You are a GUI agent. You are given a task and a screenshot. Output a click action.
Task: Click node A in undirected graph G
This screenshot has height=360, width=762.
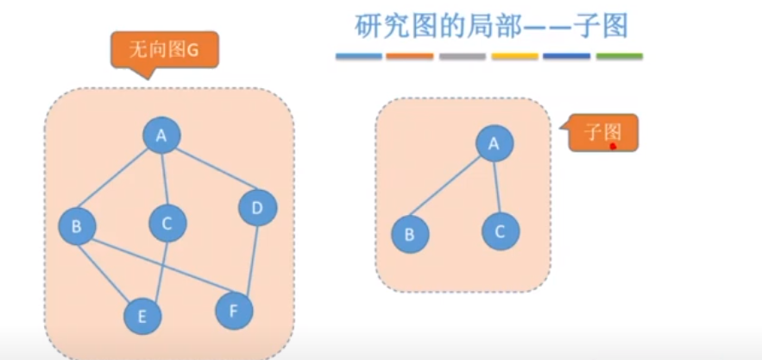[161, 135]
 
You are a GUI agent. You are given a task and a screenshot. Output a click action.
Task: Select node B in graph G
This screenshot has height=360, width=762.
[77, 227]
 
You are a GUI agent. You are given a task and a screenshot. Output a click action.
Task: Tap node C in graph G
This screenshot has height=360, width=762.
[167, 224]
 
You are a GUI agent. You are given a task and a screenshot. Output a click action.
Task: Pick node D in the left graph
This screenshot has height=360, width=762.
[257, 208]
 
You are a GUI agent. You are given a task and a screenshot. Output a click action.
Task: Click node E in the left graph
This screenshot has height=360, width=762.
[143, 317]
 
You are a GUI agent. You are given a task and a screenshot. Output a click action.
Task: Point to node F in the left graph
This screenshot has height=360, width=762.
[233, 310]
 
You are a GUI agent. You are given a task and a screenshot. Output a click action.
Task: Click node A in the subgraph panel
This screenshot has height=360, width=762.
[494, 144]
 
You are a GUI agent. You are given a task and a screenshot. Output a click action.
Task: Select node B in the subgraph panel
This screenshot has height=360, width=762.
[410, 234]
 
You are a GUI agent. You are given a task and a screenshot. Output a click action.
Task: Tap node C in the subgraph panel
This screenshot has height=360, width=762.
[501, 231]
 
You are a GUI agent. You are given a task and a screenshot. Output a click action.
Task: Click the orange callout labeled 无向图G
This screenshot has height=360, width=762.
[163, 51]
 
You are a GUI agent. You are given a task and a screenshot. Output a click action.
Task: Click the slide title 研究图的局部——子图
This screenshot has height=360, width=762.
[491, 26]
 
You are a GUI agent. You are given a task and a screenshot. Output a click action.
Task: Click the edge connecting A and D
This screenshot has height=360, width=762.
[210, 172]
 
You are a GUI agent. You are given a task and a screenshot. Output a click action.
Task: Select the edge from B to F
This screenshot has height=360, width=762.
[155, 268]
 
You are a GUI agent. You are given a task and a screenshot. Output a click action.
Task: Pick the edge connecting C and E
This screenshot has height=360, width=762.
[156, 269]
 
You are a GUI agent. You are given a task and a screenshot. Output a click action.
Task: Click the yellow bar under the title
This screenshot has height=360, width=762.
[514, 56]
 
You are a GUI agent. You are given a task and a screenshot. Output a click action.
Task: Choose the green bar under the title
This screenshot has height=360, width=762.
[619, 56]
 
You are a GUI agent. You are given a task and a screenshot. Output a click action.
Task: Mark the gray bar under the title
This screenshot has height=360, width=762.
[463, 56]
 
